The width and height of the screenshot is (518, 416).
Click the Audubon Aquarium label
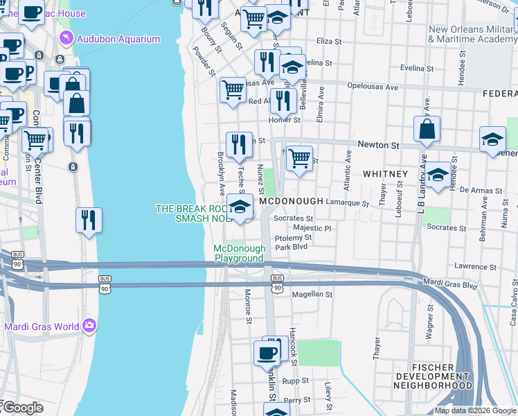tap(118, 39)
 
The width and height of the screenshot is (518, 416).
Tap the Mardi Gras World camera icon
tap(89, 325)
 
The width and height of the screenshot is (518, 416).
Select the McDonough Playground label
tap(239, 253)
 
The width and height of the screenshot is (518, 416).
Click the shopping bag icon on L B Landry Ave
tap(427, 129)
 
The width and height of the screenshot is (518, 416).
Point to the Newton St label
tap(378, 145)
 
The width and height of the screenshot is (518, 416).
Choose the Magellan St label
tap(312, 294)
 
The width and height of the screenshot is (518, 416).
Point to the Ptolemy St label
tap(294, 237)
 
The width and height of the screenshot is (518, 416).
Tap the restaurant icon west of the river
tap(89, 220)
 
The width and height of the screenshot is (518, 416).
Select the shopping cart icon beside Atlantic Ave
tap(299, 158)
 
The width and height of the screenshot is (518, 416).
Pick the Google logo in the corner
tap(22, 408)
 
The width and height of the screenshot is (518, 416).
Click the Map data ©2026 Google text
tap(475, 410)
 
